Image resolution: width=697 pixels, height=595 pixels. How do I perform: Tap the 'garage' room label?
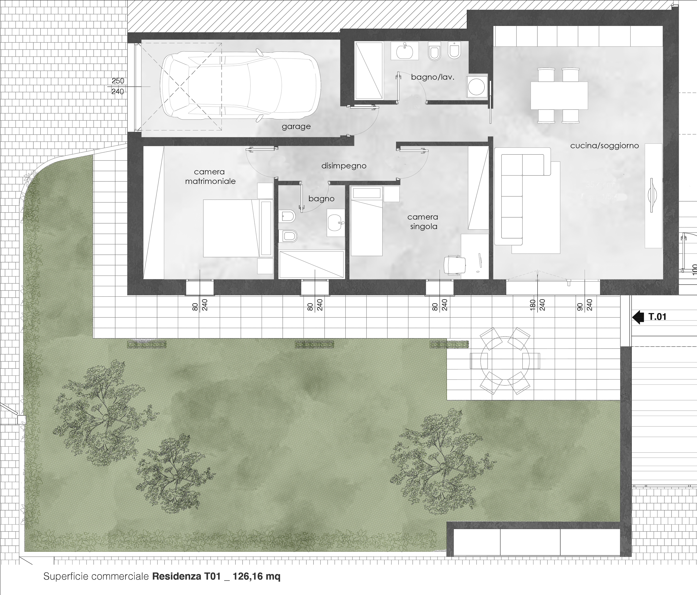296,127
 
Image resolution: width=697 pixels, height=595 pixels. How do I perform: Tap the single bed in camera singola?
367,222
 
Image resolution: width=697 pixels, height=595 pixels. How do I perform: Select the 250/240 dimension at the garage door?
118,86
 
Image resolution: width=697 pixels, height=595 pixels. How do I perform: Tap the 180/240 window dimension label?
537,305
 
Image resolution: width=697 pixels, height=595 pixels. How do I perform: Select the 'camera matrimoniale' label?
210,176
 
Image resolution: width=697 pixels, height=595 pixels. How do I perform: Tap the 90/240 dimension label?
585,305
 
